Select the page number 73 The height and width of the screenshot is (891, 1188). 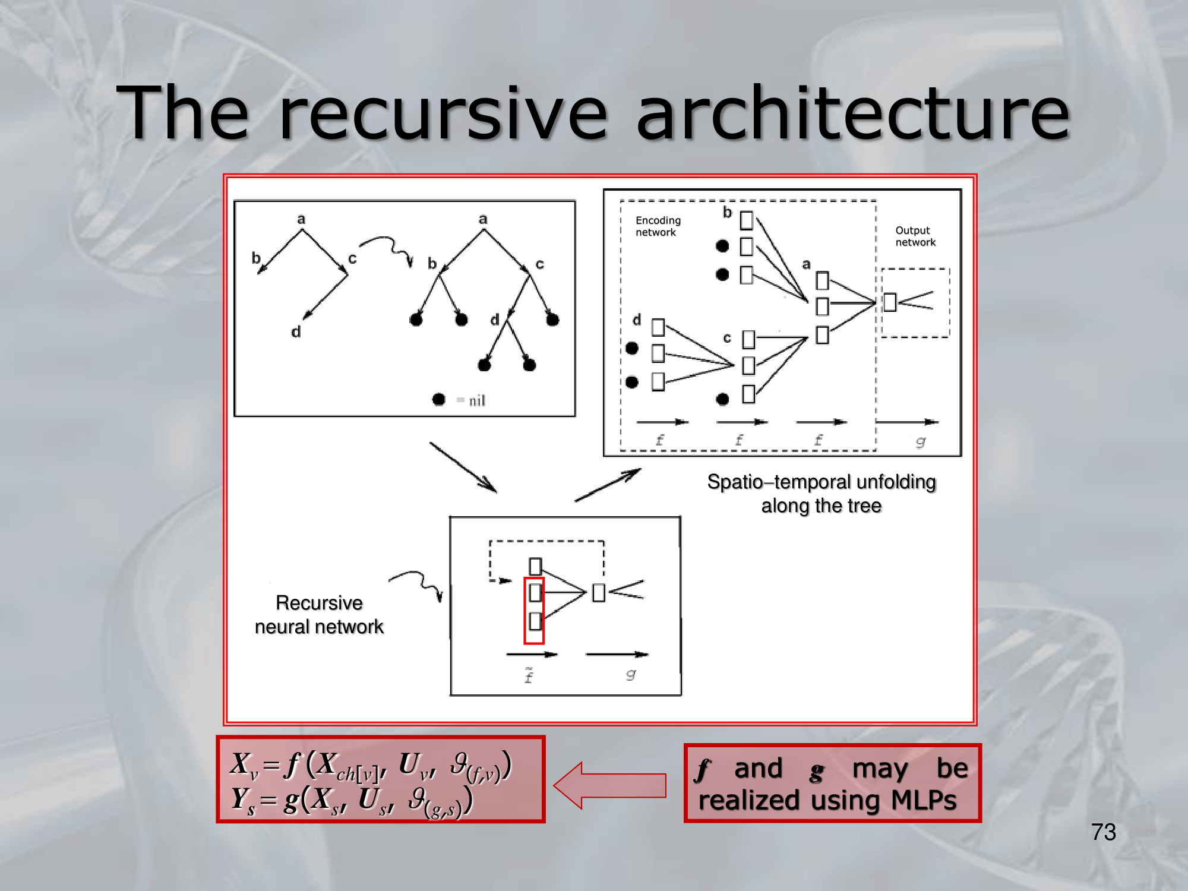click(1103, 832)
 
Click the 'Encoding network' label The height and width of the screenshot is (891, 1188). click(658, 226)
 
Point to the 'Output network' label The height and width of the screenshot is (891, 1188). click(915, 236)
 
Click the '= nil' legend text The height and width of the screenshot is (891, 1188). click(472, 401)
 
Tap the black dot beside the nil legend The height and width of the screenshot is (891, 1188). click(439, 400)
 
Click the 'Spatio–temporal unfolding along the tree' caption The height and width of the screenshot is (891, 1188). click(822, 494)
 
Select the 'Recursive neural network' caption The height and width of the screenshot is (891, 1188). click(319, 615)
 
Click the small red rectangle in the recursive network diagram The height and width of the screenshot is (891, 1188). click(534, 611)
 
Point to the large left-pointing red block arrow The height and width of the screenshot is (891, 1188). click(609, 785)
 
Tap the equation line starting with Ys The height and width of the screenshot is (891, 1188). click(352, 800)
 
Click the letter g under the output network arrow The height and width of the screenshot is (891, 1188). click(920, 441)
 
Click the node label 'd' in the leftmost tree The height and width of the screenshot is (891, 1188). click(296, 332)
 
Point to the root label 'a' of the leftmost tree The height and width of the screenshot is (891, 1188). click(301, 219)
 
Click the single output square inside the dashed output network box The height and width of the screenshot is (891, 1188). click(890, 302)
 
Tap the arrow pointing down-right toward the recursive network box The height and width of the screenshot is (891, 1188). click(463, 467)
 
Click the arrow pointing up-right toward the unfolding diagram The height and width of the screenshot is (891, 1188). click(607, 485)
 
